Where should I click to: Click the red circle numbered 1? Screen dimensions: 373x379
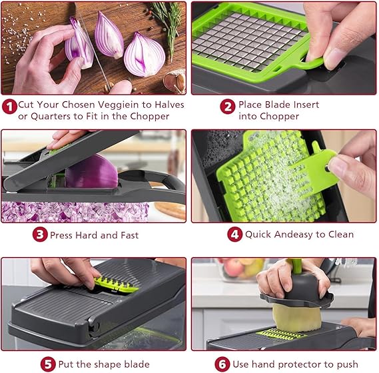coord(9,105)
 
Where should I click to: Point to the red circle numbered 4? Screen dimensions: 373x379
coord(235,234)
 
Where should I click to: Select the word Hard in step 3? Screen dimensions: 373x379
coord(91,234)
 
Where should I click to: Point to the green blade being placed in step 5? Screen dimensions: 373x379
coord(115,285)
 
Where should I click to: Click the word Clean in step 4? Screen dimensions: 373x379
coord(338,234)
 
